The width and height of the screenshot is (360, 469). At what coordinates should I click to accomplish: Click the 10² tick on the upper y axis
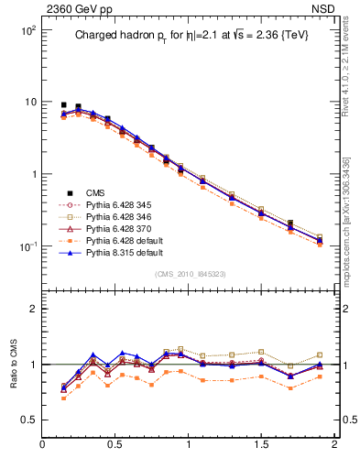pos(27,30)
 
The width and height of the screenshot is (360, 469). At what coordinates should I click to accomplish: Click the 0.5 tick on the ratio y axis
pos(29,420)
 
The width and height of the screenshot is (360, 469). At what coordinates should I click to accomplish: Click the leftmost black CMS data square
pos(63,105)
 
